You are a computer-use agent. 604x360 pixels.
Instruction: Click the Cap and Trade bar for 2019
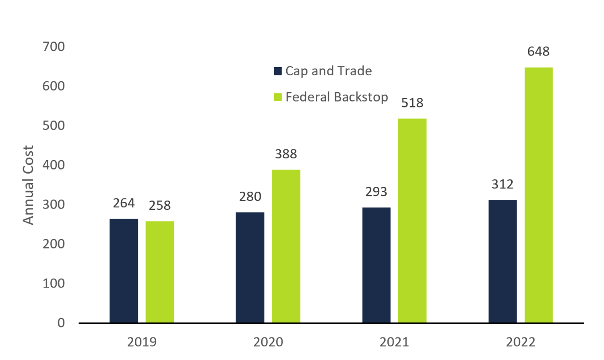(124, 271)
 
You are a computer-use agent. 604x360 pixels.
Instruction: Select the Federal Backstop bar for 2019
(160, 272)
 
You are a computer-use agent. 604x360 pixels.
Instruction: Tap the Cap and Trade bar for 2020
(250, 267)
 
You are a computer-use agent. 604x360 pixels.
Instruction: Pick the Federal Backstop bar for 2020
(286, 246)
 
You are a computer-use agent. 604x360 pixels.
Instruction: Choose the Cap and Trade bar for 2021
(376, 265)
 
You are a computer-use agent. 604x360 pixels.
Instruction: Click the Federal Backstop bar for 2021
(412, 221)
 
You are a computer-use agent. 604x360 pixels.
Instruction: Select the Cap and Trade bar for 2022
(503, 261)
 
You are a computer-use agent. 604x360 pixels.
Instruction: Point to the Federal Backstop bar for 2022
(538, 195)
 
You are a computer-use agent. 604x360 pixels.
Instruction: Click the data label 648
(538, 52)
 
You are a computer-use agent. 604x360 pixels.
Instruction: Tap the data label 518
(412, 103)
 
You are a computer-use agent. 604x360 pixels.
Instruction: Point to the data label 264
(124, 203)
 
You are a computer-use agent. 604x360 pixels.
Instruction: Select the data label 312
(503, 184)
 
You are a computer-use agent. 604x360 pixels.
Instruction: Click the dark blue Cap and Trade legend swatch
(277, 71)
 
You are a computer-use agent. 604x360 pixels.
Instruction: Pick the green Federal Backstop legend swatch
(277, 97)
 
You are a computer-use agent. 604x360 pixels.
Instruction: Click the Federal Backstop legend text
(337, 97)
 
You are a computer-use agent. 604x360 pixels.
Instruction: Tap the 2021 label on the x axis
(394, 342)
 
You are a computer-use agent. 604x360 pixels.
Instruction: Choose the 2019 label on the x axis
(142, 342)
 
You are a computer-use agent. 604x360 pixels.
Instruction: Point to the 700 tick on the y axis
(54, 47)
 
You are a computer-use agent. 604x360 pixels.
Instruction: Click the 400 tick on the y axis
(54, 165)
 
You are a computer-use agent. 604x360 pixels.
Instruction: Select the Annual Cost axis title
(28, 185)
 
